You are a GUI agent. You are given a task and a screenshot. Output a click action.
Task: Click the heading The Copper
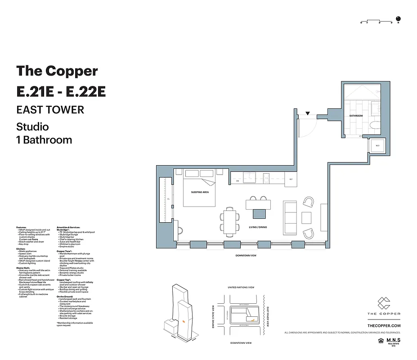[57, 71]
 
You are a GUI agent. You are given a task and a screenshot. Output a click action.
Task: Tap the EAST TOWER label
[50, 109]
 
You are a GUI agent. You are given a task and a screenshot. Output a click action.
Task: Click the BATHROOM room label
[356, 116]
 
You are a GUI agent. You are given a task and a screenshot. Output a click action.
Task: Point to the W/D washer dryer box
[377, 146]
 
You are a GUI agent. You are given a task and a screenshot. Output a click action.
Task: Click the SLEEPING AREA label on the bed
[200, 192]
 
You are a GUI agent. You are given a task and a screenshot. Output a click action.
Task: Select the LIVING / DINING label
[258, 227]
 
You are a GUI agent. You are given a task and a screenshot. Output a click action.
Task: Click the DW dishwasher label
[238, 181]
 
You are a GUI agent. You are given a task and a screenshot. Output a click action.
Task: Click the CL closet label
[168, 198]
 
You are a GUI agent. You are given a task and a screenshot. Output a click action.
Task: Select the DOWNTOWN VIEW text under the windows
[246, 255]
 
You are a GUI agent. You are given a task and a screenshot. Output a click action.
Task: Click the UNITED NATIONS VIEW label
[241, 287]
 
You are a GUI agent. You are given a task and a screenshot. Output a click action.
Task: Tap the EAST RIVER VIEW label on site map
[268, 316]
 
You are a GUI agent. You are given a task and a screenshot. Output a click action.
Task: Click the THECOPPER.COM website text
[384, 325]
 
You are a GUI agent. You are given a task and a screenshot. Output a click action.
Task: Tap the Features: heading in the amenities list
[22, 227]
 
